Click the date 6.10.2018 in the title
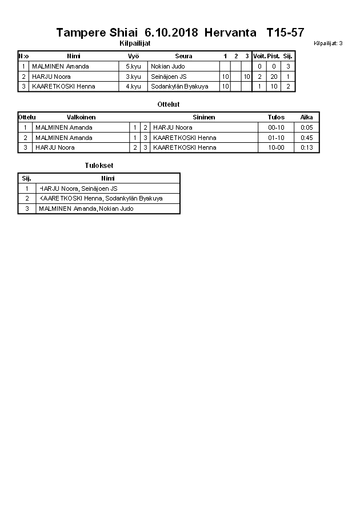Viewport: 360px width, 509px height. [171, 33]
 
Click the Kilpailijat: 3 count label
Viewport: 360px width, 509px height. [328, 43]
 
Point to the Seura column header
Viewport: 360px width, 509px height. [183, 56]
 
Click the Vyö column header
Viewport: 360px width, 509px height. [134, 56]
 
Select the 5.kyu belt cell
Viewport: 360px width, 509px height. [133, 66]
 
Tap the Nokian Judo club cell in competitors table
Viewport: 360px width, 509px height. [168, 66]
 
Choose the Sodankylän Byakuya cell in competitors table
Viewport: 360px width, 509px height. [179, 87]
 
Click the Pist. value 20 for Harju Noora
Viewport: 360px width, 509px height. [274, 77]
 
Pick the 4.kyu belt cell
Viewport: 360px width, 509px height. [133, 87]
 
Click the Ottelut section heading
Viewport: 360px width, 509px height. [169, 105]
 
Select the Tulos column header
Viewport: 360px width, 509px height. [276, 117]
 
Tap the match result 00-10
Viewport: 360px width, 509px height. [276, 127]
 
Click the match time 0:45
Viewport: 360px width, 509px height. [307, 138]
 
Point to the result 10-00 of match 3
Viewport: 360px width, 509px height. [276, 148]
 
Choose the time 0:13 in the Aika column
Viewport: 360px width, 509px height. [307, 148]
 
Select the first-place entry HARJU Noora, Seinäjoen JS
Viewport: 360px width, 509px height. [78, 189]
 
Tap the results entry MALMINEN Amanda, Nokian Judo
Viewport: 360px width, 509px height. [86, 209]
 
